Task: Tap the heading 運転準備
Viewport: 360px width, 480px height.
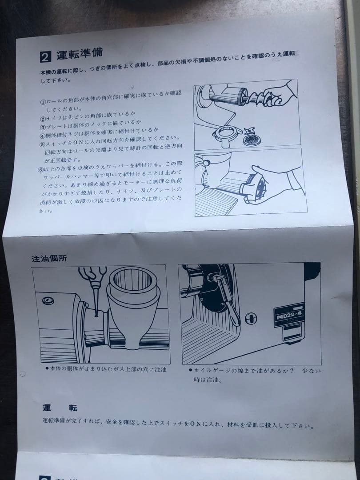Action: pyautogui.click(x=80, y=55)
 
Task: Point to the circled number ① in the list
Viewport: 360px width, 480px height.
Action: pyautogui.click(x=43, y=101)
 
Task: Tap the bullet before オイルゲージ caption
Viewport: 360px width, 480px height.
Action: pyautogui.click(x=190, y=370)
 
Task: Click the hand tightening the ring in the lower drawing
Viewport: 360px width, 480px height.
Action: pyautogui.click(x=269, y=182)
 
